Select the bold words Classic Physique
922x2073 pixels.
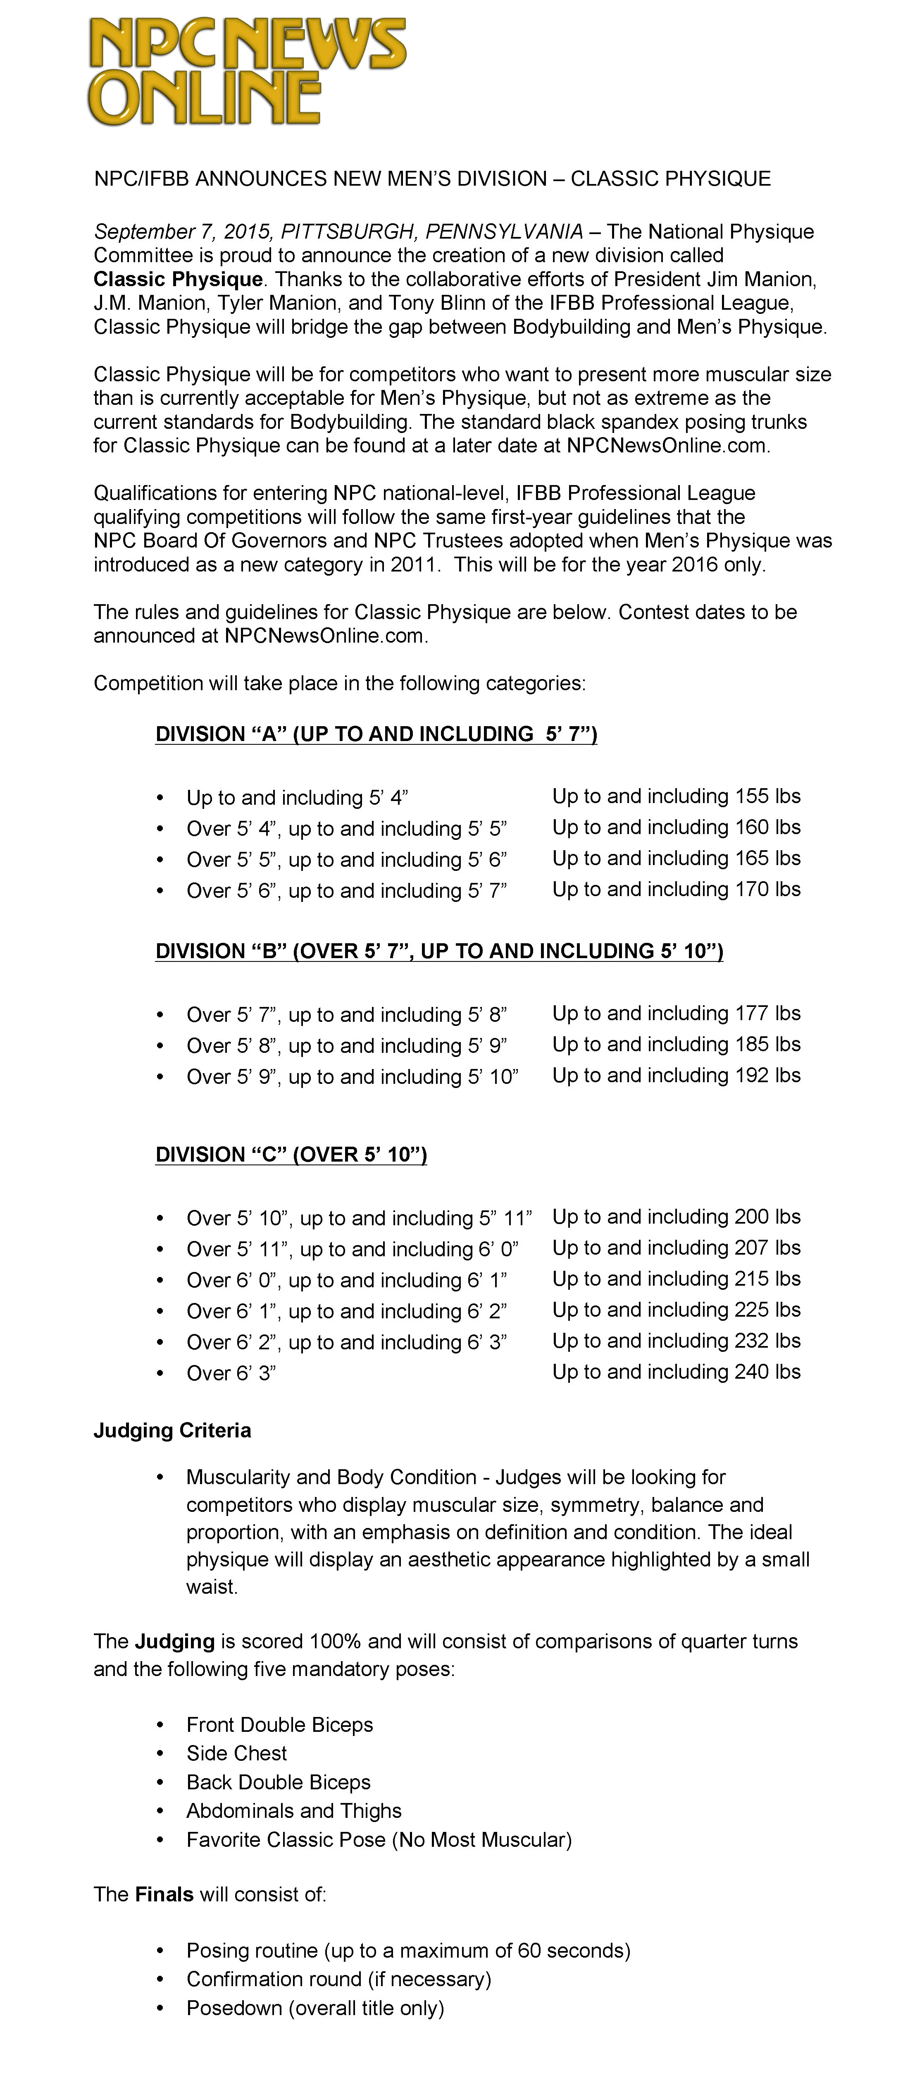pos(178,279)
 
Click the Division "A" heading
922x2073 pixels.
pos(376,734)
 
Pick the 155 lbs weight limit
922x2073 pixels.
pos(767,796)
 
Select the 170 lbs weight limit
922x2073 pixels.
pos(767,889)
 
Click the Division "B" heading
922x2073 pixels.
pos(438,951)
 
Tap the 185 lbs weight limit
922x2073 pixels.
pos(767,1045)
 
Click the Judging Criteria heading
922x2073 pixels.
pos(172,1430)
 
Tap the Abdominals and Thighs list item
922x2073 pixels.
pos(294,1811)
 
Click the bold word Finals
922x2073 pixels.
pos(165,1894)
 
